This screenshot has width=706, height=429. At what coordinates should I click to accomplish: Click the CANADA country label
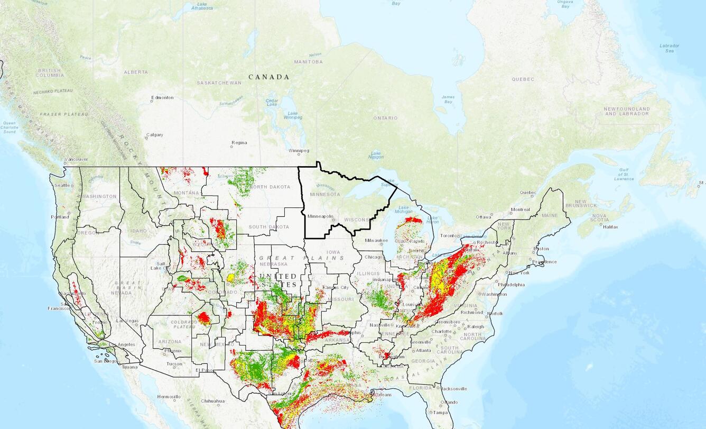point(269,77)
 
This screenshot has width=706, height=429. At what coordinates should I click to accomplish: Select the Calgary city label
point(155,135)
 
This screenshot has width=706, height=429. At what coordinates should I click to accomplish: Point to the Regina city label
point(240,143)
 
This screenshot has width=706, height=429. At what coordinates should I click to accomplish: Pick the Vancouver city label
point(77,159)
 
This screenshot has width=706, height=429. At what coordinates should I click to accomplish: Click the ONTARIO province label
point(385,118)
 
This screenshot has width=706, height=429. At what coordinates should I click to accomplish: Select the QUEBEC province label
point(523,79)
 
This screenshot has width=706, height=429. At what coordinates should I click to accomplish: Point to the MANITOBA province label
point(308,62)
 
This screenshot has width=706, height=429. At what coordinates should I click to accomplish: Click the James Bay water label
point(448,99)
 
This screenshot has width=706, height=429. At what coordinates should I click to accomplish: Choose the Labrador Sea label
point(669,48)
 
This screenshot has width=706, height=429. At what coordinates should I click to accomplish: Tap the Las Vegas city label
point(127,321)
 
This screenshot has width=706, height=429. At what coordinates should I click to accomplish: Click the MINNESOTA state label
point(325,194)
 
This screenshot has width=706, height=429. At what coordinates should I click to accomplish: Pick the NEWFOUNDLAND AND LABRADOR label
point(627,111)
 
